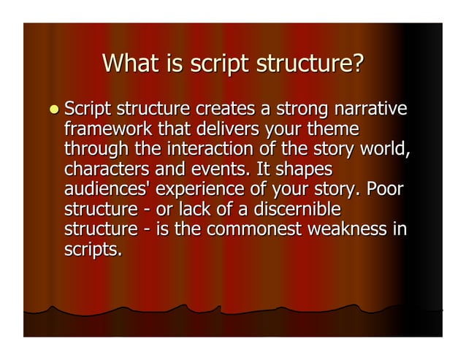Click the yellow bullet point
point(53,110)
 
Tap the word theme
point(333,131)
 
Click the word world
point(381,151)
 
